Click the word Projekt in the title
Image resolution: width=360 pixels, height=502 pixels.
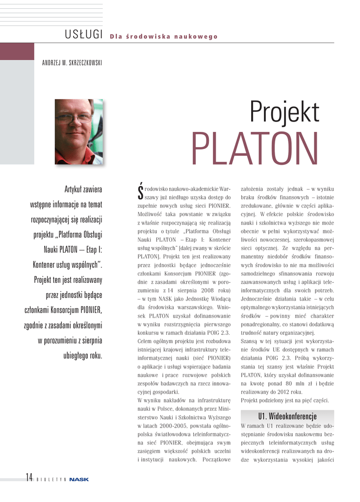click(x=284, y=112)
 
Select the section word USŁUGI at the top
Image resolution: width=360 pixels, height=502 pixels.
click(x=83, y=34)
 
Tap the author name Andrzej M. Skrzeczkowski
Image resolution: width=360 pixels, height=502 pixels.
click(x=72, y=63)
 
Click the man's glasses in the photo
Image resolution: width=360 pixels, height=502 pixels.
click(x=74, y=118)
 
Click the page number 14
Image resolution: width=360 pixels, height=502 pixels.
click(x=29, y=478)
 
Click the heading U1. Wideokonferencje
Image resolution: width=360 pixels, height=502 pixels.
click(x=287, y=416)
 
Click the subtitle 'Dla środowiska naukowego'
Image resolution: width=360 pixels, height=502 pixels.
click(x=164, y=37)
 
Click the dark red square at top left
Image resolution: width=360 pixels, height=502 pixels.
click(x=17, y=51)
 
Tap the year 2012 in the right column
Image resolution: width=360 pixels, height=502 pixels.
click(x=283, y=392)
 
